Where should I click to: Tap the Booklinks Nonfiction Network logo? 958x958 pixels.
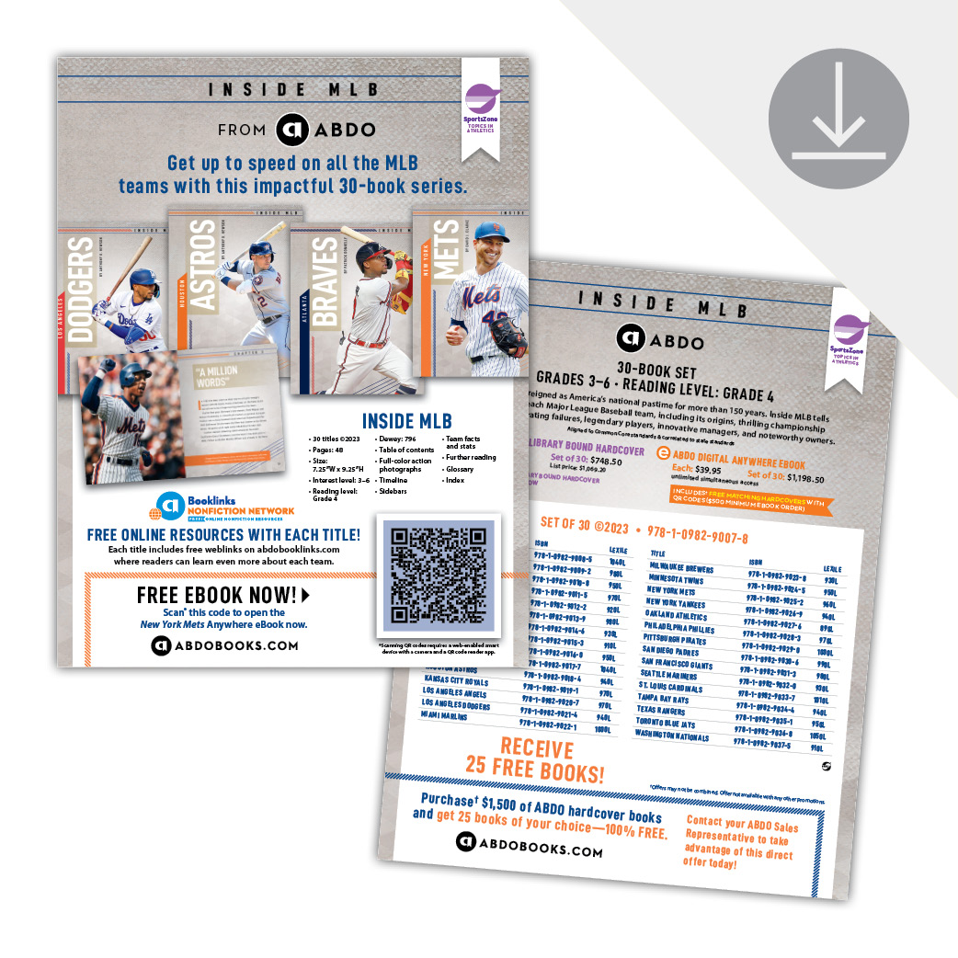point(225,507)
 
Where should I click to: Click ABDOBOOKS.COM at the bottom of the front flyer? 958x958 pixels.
point(225,645)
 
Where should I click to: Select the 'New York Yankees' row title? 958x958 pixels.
point(676,602)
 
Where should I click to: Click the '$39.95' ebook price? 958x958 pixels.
point(710,471)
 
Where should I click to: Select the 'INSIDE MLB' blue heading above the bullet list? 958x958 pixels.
point(406,421)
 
